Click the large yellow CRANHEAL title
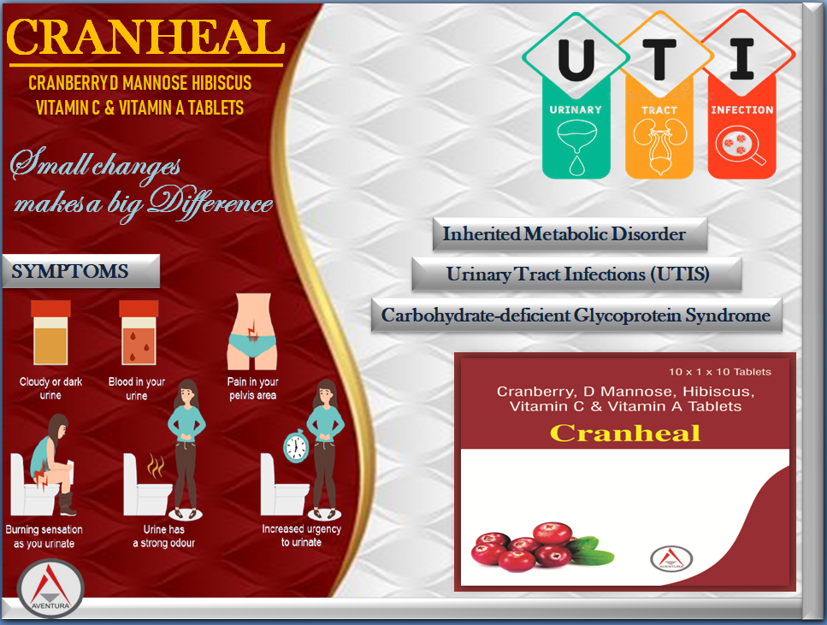point(145,37)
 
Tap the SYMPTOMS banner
point(80,271)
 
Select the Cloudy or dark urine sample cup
point(50,333)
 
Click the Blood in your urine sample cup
point(139,333)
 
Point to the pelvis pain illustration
point(252,331)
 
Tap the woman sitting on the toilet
point(51,464)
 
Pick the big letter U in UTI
point(576,60)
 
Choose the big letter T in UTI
point(659,60)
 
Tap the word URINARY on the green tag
point(576,109)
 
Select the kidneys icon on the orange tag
point(659,145)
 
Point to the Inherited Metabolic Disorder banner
point(570,233)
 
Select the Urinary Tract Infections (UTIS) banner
point(577,274)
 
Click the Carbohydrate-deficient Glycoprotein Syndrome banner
point(576,315)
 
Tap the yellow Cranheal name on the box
point(625,433)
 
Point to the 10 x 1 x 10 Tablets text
point(720,372)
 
